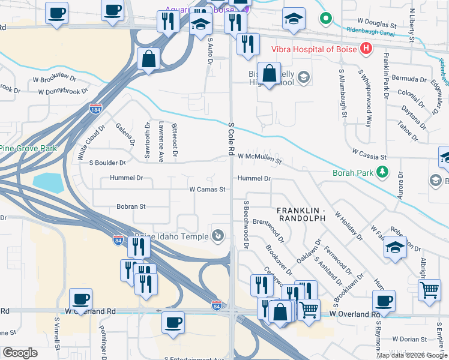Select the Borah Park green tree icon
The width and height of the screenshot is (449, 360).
click(x=382, y=173)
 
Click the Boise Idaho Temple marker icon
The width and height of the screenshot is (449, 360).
click(x=219, y=236)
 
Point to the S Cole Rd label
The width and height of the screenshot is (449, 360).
click(x=231, y=138)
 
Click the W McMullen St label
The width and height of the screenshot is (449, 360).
click(x=260, y=157)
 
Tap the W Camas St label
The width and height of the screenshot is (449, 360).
click(x=207, y=189)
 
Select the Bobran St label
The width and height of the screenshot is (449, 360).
click(x=131, y=206)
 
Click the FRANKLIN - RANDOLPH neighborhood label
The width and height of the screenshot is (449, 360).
click(x=301, y=214)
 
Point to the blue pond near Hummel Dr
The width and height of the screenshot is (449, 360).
click(x=48, y=182)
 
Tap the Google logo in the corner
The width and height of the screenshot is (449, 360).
click(x=20, y=352)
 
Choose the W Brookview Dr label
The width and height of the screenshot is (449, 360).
click(x=55, y=79)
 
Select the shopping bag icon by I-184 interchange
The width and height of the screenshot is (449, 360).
click(x=148, y=59)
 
